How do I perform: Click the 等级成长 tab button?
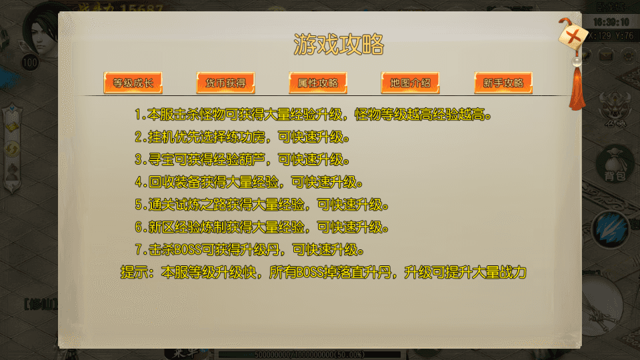pyautogui.click(x=133, y=83)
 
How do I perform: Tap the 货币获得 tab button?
pyautogui.click(x=226, y=83)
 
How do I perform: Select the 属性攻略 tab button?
pyautogui.click(x=318, y=83)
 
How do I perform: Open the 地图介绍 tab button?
pyautogui.click(x=411, y=83)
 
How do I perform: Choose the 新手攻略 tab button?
pyautogui.click(x=503, y=83)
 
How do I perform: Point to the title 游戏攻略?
pyautogui.click(x=339, y=45)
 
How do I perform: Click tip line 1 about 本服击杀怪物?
pyautogui.click(x=313, y=115)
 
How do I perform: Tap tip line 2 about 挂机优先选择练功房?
pyautogui.click(x=242, y=137)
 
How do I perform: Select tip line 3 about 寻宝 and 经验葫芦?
pyautogui.click(x=242, y=160)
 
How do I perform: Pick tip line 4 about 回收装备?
pyautogui.click(x=249, y=183)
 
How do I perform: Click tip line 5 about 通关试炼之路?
pyautogui.click(x=262, y=205)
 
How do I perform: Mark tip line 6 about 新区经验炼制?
pyautogui.click(x=262, y=227)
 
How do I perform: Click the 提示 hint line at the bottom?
pyautogui.click(x=324, y=273)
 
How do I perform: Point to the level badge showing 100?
pyautogui.click(x=30, y=63)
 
